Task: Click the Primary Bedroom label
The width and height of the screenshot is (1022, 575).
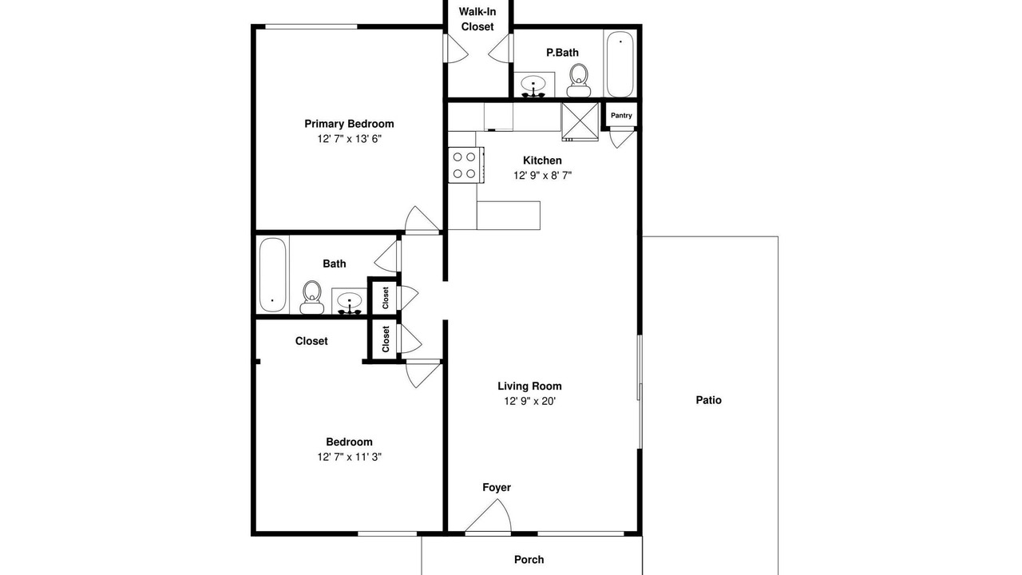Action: pos(349,124)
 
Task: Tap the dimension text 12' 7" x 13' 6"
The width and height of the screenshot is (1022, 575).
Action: pos(350,139)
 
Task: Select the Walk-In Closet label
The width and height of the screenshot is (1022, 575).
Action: pos(477,19)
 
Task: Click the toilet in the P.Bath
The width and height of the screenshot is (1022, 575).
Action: pos(579,81)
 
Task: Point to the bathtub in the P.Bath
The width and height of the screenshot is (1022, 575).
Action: pos(620,64)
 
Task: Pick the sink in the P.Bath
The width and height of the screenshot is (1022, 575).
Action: pos(534,85)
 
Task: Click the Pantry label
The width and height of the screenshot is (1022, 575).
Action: pos(621,116)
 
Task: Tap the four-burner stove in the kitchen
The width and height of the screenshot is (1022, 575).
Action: pos(465,165)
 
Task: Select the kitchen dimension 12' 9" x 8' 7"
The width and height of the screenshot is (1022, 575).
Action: pos(542,175)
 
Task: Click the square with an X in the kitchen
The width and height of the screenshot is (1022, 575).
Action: pos(580,121)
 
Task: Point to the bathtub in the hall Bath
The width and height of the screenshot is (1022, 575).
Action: pos(273,275)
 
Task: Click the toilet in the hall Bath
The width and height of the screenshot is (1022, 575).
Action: pos(312,298)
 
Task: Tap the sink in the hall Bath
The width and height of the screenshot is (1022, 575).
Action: pos(350,302)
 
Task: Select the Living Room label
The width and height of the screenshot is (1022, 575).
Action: pos(529,386)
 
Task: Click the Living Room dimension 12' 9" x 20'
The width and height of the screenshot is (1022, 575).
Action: pos(529,401)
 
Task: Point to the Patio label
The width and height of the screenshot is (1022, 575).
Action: pos(708,400)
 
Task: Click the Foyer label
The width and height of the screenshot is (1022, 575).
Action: pos(497,487)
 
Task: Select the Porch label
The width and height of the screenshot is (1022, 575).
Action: pos(529,560)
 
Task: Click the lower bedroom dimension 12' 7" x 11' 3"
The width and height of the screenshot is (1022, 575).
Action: pos(350,457)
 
